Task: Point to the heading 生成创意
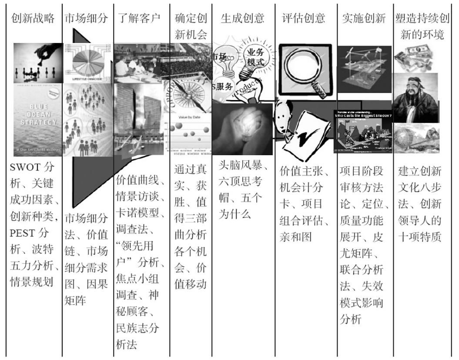click(x=243, y=19)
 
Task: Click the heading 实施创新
click(x=364, y=19)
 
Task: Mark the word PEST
click(x=24, y=233)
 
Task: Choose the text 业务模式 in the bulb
click(x=255, y=57)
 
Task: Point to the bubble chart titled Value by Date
click(x=190, y=133)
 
